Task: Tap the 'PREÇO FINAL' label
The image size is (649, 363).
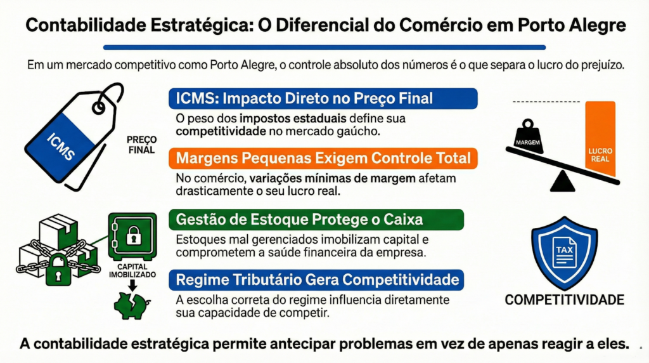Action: (x=141, y=145)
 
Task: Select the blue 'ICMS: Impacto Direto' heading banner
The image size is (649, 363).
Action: (x=323, y=98)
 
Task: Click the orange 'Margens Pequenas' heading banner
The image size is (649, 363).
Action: (x=323, y=158)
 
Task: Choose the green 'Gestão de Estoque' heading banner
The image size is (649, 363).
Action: (x=316, y=219)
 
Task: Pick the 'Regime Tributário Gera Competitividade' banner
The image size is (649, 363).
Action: (x=316, y=280)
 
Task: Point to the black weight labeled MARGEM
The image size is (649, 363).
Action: (x=528, y=136)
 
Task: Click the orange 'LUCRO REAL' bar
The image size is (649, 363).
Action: (x=600, y=139)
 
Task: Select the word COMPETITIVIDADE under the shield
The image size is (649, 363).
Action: (x=565, y=300)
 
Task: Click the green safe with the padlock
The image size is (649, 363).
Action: (x=132, y=236)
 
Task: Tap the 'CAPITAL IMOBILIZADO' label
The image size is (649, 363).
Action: (x=132, y=270)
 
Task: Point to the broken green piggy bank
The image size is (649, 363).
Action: (x=132, y=305)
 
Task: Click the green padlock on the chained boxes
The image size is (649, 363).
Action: (x=58, y=270)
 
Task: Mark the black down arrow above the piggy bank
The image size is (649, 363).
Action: (x=132, y=286)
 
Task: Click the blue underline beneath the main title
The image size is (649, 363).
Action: (x=324, y=47)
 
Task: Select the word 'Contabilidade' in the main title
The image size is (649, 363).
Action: (x=86, y=25)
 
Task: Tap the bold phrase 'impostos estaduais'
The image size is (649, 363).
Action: (x=293, y=119)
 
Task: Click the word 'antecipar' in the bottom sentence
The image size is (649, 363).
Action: (x=295, y=344)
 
